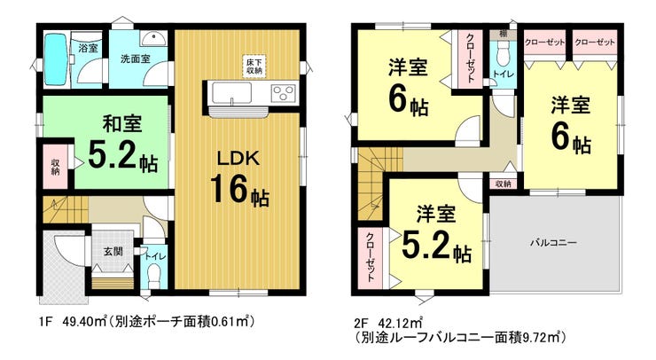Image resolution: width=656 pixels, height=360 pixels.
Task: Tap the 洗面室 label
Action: (x=135, y=59)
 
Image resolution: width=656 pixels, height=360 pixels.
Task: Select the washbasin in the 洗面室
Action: (x=153, y=38)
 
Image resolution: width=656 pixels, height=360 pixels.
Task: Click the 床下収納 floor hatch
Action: (x=254, y=67)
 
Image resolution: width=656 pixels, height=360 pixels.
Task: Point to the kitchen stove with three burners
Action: (x=284, y=93)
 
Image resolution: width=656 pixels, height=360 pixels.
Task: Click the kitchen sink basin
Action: (x=231, y=93)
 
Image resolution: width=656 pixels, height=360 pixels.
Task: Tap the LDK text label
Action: (x=238, y=158)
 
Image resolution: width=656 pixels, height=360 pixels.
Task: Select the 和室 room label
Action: (x=122, y=124)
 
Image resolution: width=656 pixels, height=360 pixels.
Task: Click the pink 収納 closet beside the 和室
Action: (x=56, y=166)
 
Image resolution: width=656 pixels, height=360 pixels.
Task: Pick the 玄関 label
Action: (x=113, y=252)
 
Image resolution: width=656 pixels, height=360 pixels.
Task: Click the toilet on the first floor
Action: (x=154, y=277)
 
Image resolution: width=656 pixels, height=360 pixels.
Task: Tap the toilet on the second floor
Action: (x=503, y=55)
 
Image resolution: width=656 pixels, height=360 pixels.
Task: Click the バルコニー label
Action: (x=553, y=242)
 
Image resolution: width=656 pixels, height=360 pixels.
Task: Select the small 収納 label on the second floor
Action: (x=504, y=184)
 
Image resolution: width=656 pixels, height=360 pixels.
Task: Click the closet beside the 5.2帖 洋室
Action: (x=371, y=258)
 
